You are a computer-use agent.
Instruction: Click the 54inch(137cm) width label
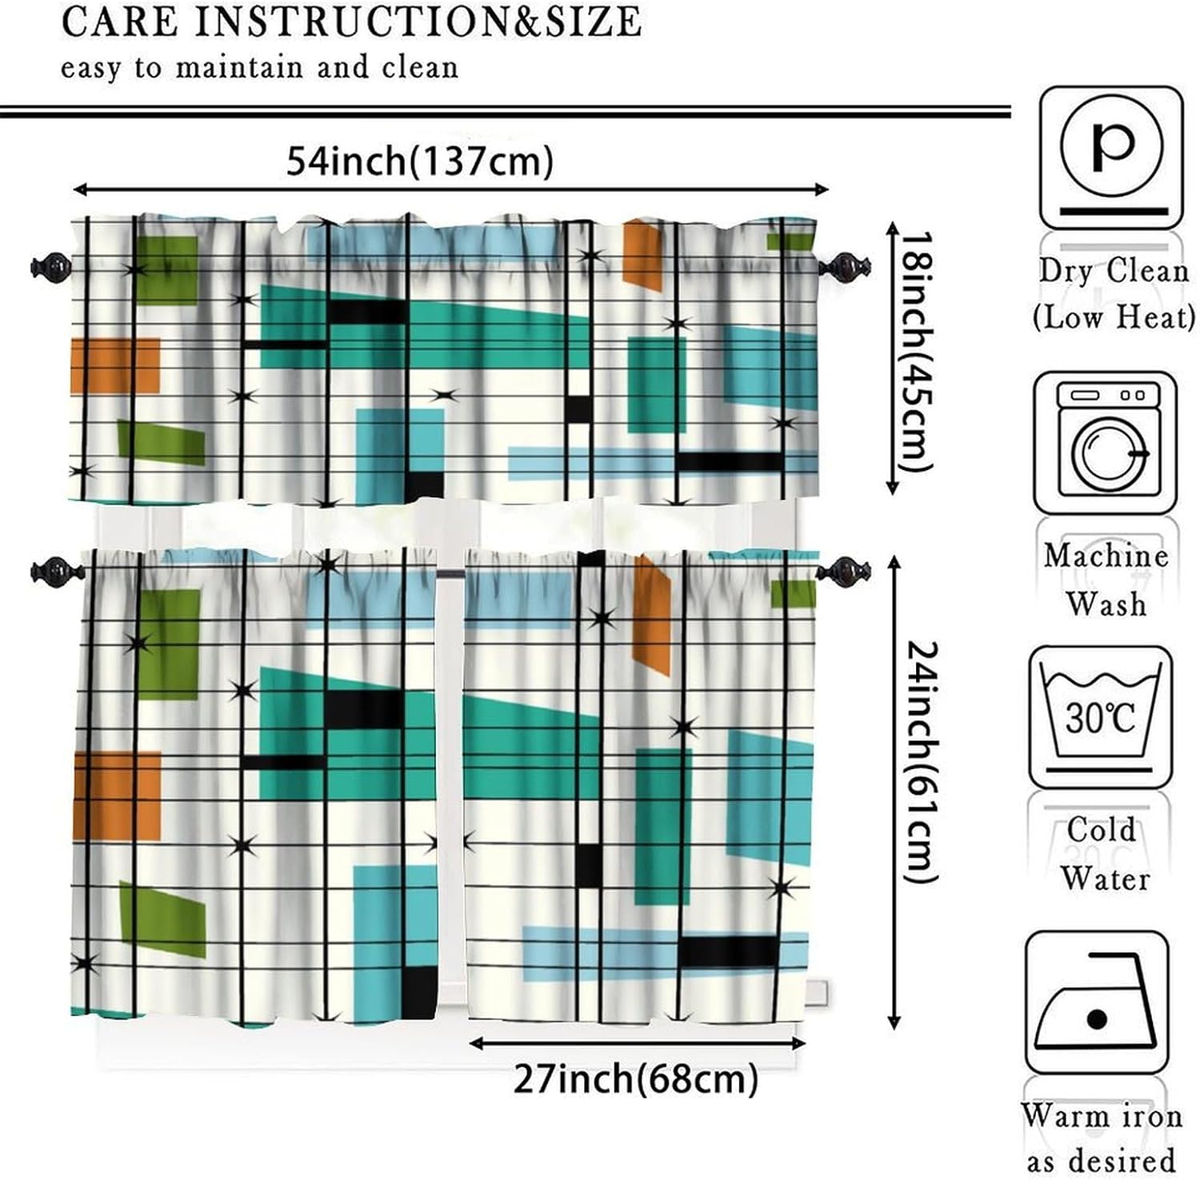coord(420,161)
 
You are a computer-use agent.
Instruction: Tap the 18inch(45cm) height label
coord(914,352)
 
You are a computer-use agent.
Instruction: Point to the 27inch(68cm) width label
coord(636,1079)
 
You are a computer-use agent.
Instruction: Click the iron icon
coord(1096,1003)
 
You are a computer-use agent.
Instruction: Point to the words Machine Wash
coord(1106,579)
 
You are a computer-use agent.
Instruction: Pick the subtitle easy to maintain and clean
coord(260,67)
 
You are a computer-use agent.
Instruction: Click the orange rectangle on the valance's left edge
coord(115,365)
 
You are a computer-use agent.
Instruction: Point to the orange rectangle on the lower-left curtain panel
coord(117,795)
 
